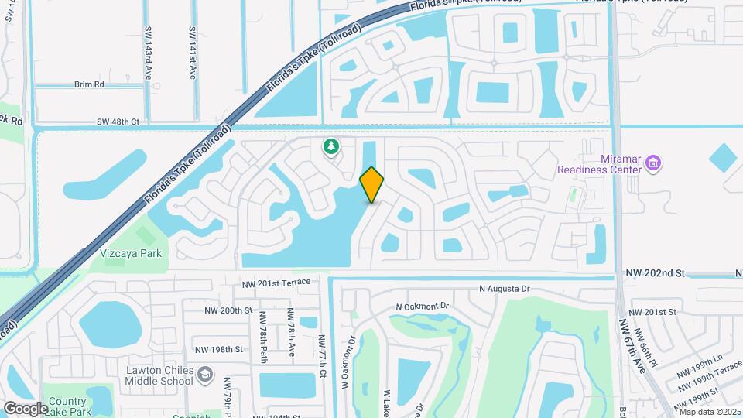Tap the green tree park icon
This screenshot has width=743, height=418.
pyautogui.click(x=330, y=146)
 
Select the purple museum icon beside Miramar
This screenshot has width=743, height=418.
pyautogui.click(x=653, y=163)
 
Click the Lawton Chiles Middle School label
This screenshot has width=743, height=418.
pyautogui.click(x=159, y=375)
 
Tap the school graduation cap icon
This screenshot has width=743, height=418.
pyautogui.click(x=205, y=375)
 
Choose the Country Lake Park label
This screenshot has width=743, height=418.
pyautogui.click(x=68, y=406)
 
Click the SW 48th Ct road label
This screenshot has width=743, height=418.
pyautogui.click(x=118, y=122)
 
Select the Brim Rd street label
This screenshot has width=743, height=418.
pyautogui.click(x=89, y=84)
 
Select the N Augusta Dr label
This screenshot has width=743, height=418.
pyautogui.click(x=505, y=289)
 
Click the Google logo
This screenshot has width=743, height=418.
pyautogui.click(x=26, y=408)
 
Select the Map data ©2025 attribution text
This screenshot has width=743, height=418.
pyautogui.click(x=710, y=412)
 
